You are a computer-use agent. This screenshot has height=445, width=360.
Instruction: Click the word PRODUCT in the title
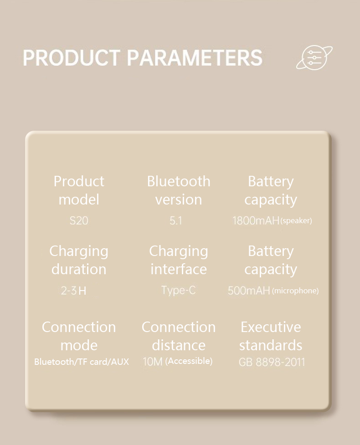pyautogui.click(x=71, y=57)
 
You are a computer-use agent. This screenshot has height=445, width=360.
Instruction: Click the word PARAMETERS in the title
pyautogui.click(x=195, y=57)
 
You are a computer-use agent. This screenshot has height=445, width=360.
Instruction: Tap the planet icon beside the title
pyautogui.click(x=314, y=57)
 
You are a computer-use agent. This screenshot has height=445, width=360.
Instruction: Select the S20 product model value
pyautogui.click(x=79, y=220)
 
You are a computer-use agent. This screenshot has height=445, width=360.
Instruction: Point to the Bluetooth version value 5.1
pyautogui.click(x=176, y=220)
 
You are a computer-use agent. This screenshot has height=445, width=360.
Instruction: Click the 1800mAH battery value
pyautogui.click(x=256, y=220)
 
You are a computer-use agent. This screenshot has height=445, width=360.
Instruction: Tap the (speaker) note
pyautogui.click(x=296, y=220)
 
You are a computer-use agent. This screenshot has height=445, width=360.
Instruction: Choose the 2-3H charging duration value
pyautogui.click(x=73, y=291)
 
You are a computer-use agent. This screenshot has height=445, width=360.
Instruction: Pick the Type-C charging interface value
pyautogui.click(x=179, y=290)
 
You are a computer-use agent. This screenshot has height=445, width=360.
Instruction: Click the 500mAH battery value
pyautogui.click(x=249, y=291)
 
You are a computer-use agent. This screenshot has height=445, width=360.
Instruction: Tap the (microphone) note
pyautogui.click(x=295, y=291)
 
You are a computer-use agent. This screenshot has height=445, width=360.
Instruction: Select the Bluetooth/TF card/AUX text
pyautogui.click(x=82, y=362)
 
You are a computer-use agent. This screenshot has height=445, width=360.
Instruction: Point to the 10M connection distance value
pyautogui.click(x=153, y=362)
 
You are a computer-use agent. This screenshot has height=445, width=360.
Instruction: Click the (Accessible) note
pyautogui.click(x=189, y=361)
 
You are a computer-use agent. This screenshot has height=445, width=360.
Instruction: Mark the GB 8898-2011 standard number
pyautogui.click(x=272, y=362)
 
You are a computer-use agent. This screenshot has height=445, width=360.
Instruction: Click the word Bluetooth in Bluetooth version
pyautogui.click(x=179, y=181)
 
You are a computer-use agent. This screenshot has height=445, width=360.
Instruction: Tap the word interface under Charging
pyautogui.click(x=179, y=269)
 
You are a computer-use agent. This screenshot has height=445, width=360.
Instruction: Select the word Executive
pyautogui.click(x=271, y=327)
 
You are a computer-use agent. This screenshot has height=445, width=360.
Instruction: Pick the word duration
pyautogui.click(x=79, y=269)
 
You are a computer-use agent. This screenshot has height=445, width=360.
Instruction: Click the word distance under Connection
pyautogui.click(x=179, y=345)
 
